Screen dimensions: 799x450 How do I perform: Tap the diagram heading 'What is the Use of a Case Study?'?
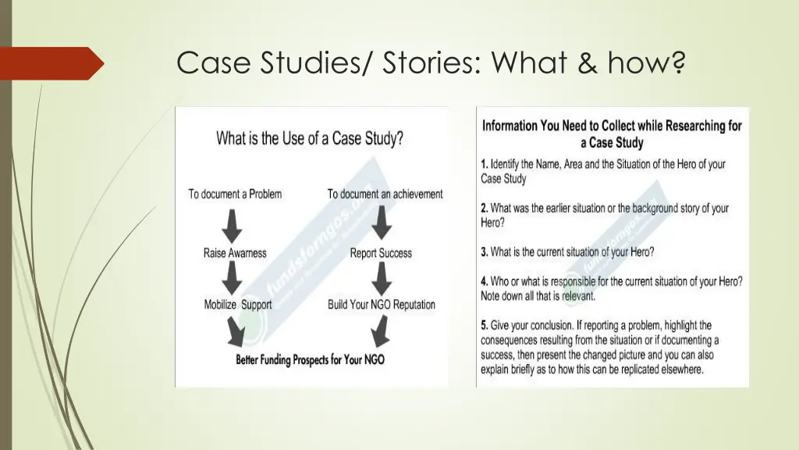point(310,139)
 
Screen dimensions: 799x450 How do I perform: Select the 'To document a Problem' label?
point(235,194)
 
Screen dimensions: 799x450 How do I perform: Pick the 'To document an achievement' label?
point(385,194)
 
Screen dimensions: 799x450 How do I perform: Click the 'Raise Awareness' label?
point(235,253)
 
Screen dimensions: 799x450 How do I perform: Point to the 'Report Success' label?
point(381,253)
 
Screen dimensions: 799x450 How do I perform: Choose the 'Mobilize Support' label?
point(238,305)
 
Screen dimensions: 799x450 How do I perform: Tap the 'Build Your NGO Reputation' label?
point(382,305)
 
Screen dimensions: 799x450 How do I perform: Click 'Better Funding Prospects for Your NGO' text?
point(310,360)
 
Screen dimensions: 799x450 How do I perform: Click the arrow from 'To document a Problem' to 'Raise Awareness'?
point(233,224)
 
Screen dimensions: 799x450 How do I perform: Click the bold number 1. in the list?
point(485,165)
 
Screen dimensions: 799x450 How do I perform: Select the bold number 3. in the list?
point(485,252)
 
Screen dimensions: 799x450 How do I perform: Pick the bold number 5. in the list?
point(485,325)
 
